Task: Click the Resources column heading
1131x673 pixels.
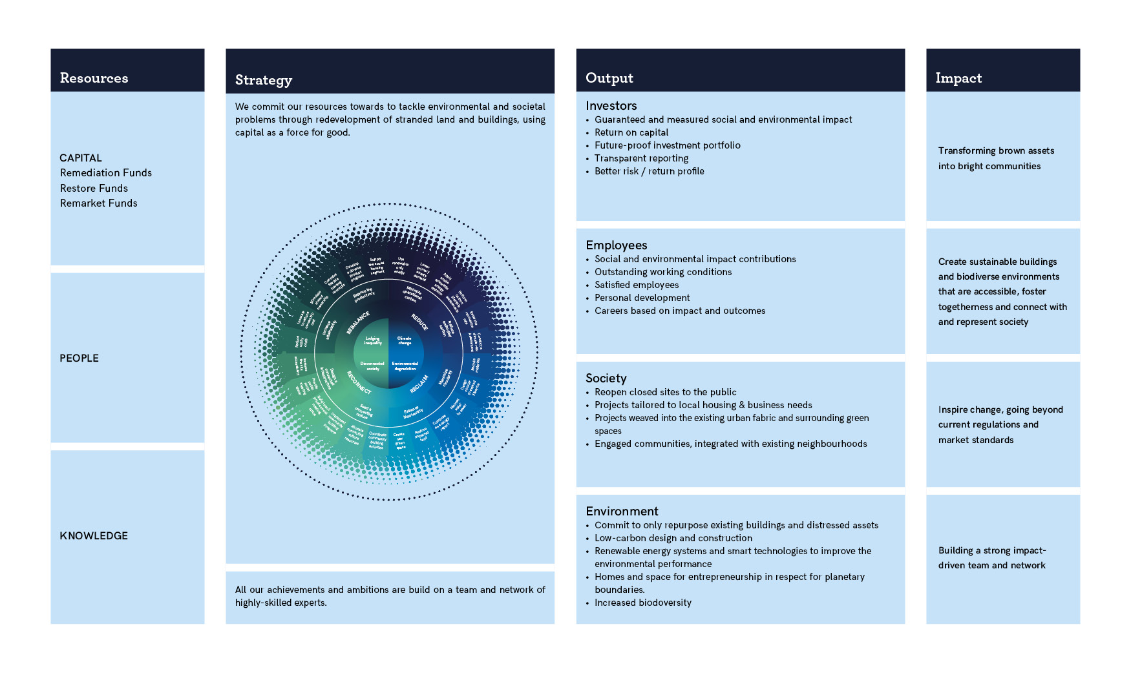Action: (x=94, y=78)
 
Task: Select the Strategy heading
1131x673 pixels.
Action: (x=263, y=80)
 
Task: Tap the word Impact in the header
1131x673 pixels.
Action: (x=958, y=78)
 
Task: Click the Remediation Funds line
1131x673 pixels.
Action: (x=106, y=173)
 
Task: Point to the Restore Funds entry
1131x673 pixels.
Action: (x=94, y=189)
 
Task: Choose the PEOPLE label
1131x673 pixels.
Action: (x=79, y=358)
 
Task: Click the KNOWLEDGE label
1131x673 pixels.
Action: (x=94, y=536)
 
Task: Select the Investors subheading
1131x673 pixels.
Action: (x=611, y=106)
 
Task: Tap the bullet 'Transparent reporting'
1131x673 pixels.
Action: (x=641, y=158)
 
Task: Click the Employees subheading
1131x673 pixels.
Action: (x=616, y=245)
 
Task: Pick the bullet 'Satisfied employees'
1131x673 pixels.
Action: (x=637, y=285)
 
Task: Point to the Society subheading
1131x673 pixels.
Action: (x=606, y=378)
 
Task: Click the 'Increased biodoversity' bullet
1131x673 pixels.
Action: (x=642, y=603)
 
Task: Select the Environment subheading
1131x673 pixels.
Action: (x=622, y=512)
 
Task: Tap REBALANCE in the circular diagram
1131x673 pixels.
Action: (x=358, y=322)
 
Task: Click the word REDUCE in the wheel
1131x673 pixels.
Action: (x=419, y=322)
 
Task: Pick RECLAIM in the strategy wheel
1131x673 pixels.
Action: (x=419, y=384)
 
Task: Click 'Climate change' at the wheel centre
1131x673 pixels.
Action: (x=404, y=340)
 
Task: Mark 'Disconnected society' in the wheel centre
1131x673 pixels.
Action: (x=372, y=366)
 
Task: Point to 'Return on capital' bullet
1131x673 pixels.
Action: (x=631, y=132)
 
